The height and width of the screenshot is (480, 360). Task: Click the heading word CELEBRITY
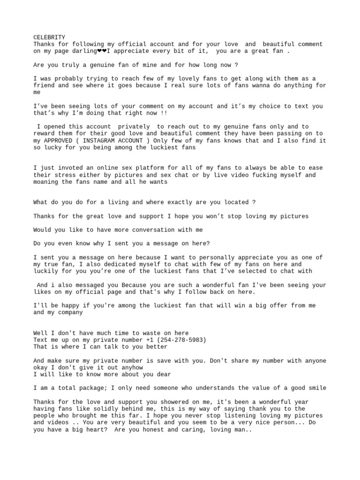click(x=49, y=37)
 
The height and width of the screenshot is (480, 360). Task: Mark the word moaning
click(x=45, y=182)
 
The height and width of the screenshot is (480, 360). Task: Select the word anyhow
click(x=143, y=368)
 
